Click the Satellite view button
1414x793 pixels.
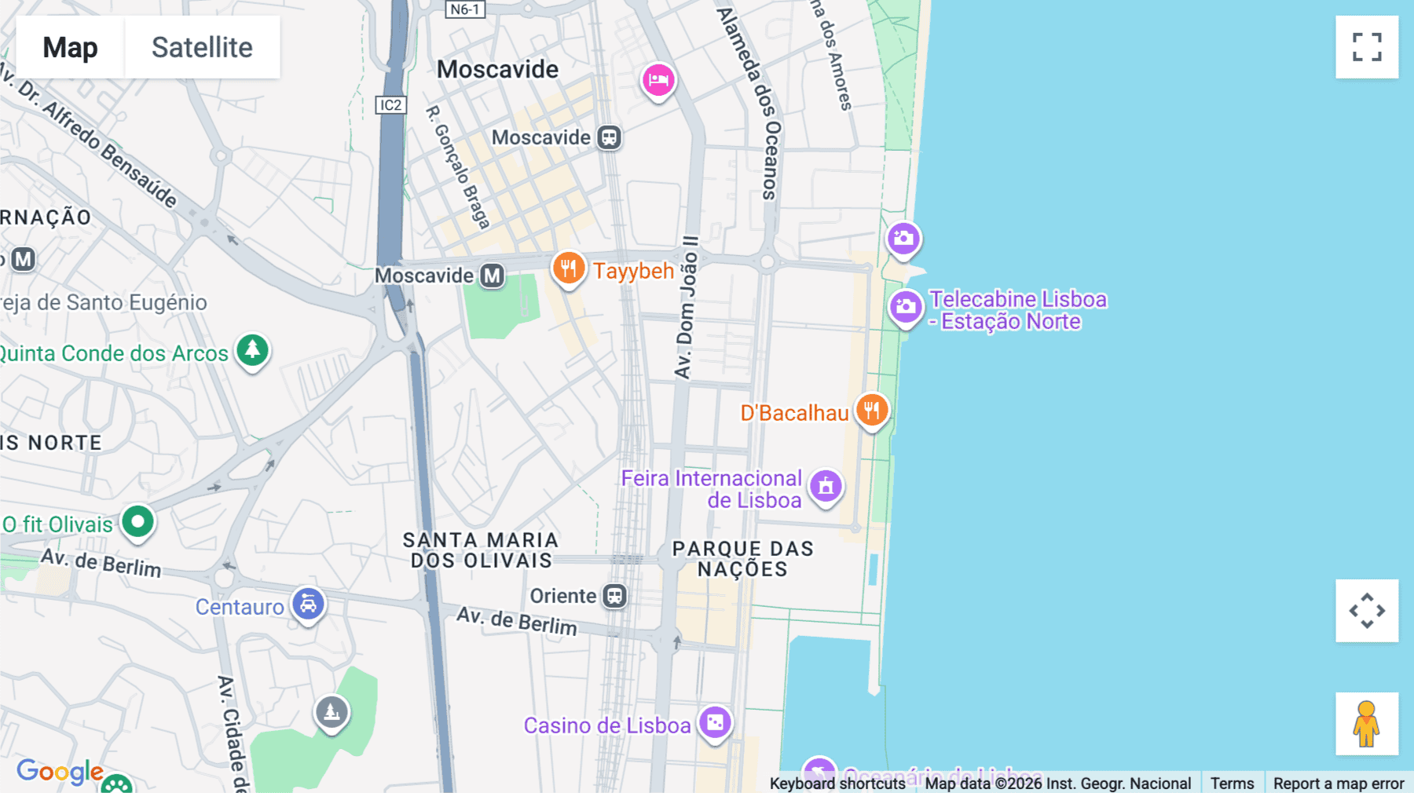(202, 47)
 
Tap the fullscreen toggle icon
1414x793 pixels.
(1367, 47)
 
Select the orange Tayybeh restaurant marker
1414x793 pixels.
(568, 269)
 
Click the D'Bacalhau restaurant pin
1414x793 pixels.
(871, 410)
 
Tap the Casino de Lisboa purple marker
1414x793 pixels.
(715, 722)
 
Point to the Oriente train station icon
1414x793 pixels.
(614, 596)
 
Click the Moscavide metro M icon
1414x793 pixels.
(493, 276)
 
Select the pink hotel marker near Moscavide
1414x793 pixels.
(658, 80)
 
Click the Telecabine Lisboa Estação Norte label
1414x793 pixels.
(1017, 310)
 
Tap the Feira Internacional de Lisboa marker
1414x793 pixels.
(826, 487)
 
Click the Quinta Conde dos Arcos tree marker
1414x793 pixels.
(252, 350)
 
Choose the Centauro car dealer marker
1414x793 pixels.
(308, 605)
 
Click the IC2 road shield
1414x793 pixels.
(390, 105)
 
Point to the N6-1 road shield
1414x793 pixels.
(464, 9)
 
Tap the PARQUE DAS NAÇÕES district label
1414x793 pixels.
(742, 559)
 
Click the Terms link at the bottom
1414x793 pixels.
(1232, 783)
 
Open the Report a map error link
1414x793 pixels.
(1338, 783)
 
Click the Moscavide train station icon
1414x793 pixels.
(609, 137)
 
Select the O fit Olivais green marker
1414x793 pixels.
(137, 521)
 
